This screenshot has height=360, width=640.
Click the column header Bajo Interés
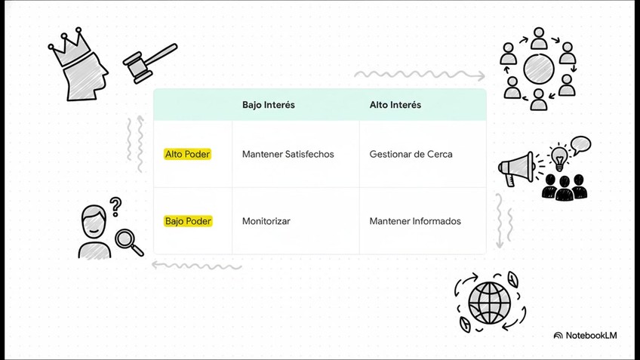tap(268, 105)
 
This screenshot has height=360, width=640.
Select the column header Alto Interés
tap(395, 105)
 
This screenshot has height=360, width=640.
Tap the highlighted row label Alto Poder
tap(187, 154)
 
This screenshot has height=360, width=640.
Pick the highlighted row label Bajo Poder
tap(188, 221)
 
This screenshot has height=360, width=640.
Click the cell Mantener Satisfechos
tap(288, 154)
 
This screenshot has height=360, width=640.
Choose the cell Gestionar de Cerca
tap(411, 154)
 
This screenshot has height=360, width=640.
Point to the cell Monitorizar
tap(266, 221)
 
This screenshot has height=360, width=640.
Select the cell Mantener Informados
tap(414, 221)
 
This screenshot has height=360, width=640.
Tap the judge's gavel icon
tap(148, 62)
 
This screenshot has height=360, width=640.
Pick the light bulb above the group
tap(558, 157)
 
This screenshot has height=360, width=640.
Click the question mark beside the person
tap(115, 206)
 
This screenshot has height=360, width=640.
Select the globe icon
tap(489, 302)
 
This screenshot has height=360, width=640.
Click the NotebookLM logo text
tap(585, 335)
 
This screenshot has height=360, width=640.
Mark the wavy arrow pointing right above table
tap(419, 75)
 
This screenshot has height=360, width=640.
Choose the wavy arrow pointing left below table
tap(196, 265)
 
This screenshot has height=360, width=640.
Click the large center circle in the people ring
tap(539, 68)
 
